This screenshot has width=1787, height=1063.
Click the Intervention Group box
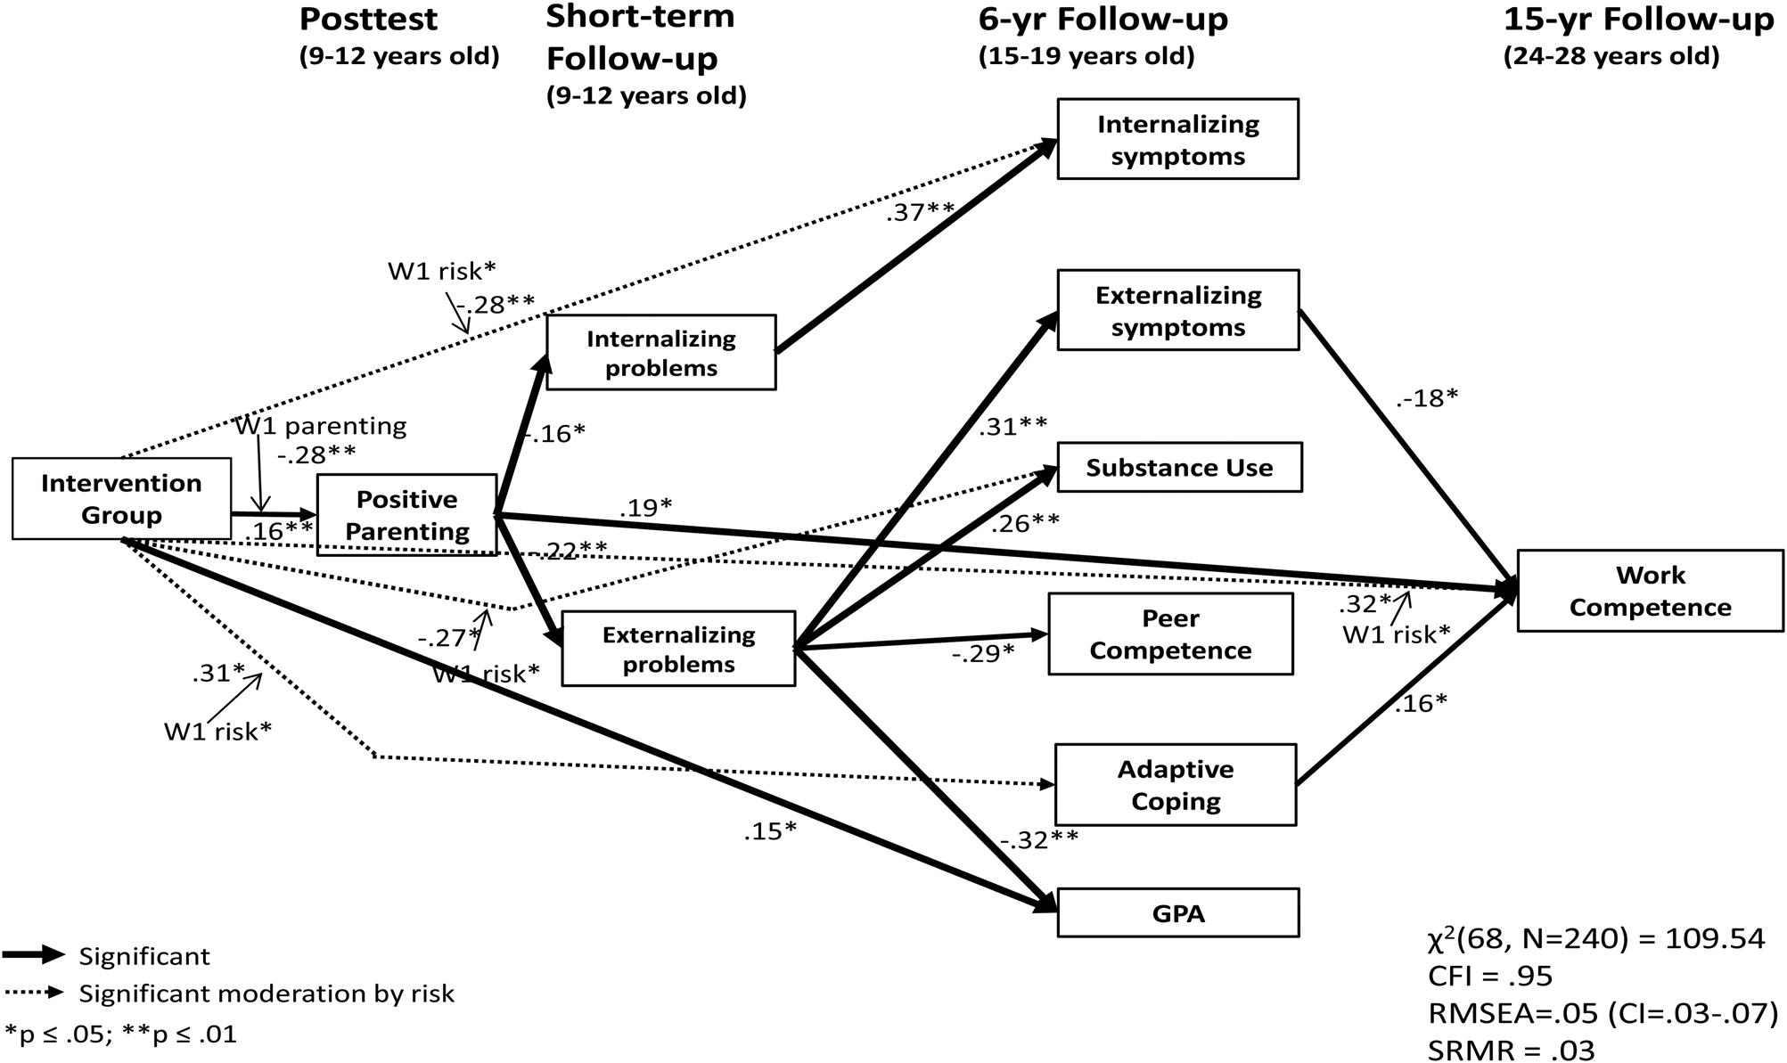(121, 499)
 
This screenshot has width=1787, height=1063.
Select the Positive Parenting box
(406, 515)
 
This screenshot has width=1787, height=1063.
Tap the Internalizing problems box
(660, 353)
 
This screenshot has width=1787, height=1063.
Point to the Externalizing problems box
(678, 649)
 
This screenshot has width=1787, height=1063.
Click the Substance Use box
(1179, 468)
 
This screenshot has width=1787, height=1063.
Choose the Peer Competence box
(1170, 634)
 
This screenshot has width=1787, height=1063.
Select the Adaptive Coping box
(1175, 785)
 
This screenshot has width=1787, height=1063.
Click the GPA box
(1177, 913)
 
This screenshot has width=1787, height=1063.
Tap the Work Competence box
(1650, 591)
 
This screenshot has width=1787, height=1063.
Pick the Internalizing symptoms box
(1177, 140)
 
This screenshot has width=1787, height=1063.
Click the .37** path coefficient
(919, 211)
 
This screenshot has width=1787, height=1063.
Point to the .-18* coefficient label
(1426, 398)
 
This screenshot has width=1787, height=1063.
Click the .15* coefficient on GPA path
(769, 831)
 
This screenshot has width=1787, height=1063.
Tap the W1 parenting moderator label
(320, 426)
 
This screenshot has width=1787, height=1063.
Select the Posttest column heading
(368, 20)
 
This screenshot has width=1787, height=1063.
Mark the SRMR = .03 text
(1511, 1049)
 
